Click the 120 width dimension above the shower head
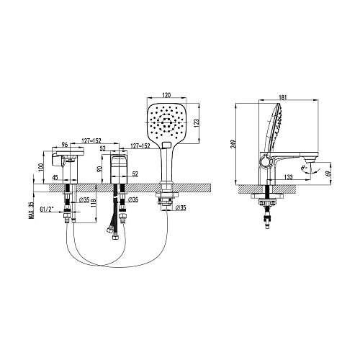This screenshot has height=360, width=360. click(x=166, y=94)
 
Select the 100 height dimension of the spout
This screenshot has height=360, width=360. click(x=42, y=167)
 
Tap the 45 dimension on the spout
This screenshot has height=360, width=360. click(x=55, y=181)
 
